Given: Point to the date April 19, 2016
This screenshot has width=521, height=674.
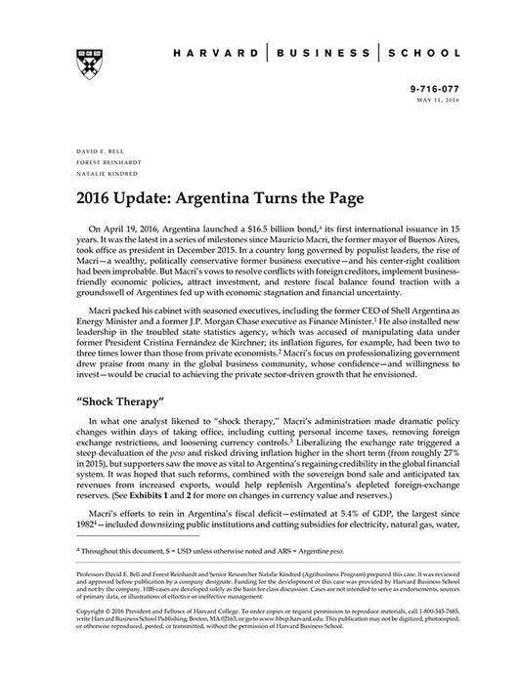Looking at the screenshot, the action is (133, 227).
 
